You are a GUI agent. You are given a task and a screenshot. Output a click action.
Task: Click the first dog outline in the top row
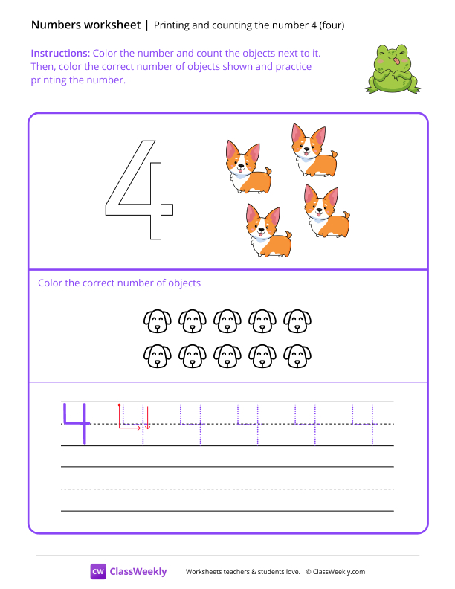click(x=157, y=321)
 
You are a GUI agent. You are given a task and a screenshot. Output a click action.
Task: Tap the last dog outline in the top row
click(x=298, y=321)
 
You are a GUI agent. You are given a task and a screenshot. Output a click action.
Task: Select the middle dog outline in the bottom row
click(x=227, y=355)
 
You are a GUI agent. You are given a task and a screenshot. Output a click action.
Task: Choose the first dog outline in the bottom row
click(x=157, y=355)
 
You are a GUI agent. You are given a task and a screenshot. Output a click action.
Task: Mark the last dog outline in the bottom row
click(x=298, y=355)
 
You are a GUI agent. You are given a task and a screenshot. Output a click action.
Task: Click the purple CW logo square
click(x=97, y=571)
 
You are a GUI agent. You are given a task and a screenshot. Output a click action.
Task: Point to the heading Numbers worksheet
click(x=85, y=25)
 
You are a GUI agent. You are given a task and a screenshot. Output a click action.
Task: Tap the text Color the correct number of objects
click(x=119, y=283)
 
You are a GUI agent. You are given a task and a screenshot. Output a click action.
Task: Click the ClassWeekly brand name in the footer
click(x=138, y=571)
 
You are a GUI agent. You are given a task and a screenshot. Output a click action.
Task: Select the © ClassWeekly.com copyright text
click(x=335, y=572)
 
